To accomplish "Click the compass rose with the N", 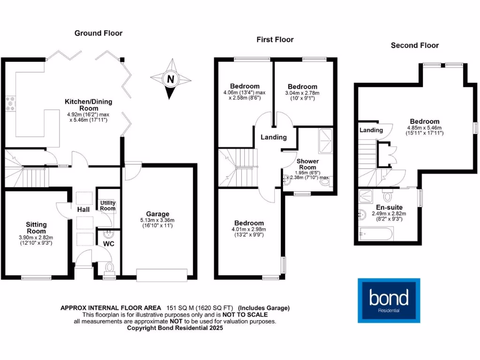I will coord(171,79).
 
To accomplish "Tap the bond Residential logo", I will coord(389,300).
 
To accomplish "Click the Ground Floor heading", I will coord(98,33).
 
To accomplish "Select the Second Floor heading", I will coord(414,45).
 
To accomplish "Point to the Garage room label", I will coord(157,214).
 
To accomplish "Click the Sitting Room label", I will coord(36,228).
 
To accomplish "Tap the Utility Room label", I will coord(107,206).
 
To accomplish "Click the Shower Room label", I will coord(307,165).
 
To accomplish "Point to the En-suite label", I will coord(389,207).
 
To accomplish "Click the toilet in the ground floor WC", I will coord(110,268).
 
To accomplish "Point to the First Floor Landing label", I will coord(274,137).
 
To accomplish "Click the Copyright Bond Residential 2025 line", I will coord(175,328).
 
